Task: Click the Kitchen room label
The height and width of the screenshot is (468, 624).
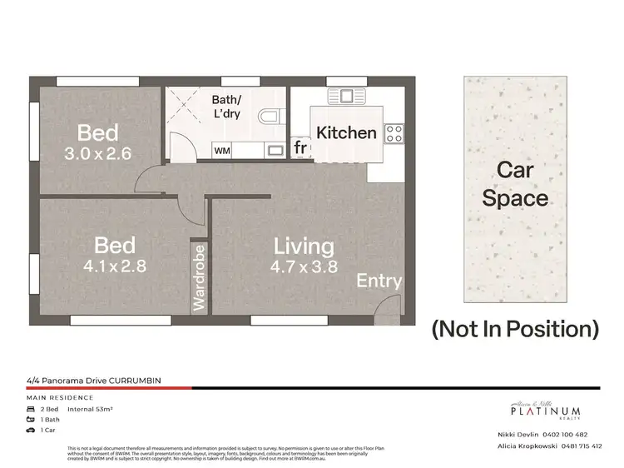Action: pos(346,132)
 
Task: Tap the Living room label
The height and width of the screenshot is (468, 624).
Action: pos(305,246)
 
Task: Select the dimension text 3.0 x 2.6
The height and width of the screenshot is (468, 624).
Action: pos(98,153)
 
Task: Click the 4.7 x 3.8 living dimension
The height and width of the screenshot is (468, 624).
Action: pos(305,267)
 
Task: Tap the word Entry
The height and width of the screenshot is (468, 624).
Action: pos(379,281)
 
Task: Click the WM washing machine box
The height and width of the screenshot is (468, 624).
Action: pos(222,152)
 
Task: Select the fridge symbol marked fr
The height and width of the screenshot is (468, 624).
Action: pos(300,148)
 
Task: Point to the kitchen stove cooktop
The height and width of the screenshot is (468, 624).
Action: pos(394,132)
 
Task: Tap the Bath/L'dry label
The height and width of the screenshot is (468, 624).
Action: pos(226,106)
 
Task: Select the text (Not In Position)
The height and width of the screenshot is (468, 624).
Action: pos(515,328)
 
